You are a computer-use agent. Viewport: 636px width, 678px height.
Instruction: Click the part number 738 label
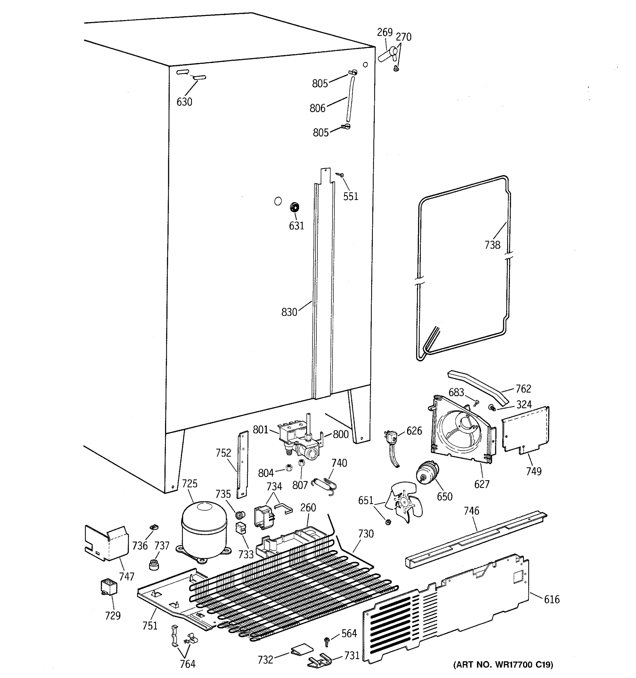click(x=492, y=245)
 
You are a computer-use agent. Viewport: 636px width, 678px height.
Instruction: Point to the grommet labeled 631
click(x=294, y=207)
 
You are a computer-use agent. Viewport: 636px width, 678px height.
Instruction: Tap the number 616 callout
click(x=552, y=599)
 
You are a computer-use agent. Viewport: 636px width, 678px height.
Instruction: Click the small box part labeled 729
click(x=109, y=587)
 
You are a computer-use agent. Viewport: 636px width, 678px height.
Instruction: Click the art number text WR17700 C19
click(x=503, y=665)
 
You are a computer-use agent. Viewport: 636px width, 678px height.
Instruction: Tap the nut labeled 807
click(x=301, y=463)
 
